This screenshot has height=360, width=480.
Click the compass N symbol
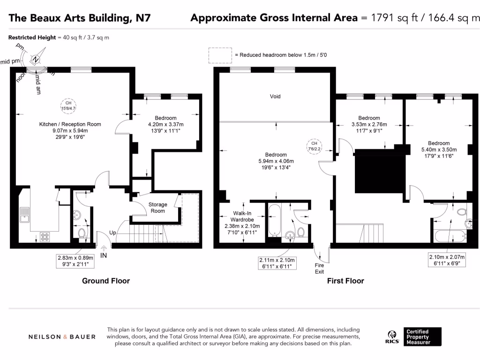(36, 60)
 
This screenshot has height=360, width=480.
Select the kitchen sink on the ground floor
(25, 215)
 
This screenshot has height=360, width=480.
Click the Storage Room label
(158, 208)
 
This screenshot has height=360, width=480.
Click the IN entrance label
(104, 255)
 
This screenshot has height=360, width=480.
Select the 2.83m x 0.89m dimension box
(75, 261)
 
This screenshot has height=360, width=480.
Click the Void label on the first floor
(275, 96)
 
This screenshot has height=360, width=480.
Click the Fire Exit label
(319, 268)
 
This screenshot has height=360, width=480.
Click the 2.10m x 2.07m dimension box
(449, 260)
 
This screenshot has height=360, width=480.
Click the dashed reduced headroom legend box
(221, 55)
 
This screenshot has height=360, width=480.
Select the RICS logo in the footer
(392, 337)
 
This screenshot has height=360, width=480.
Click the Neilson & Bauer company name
(62, 337)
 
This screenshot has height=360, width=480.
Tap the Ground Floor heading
(106, 281)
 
